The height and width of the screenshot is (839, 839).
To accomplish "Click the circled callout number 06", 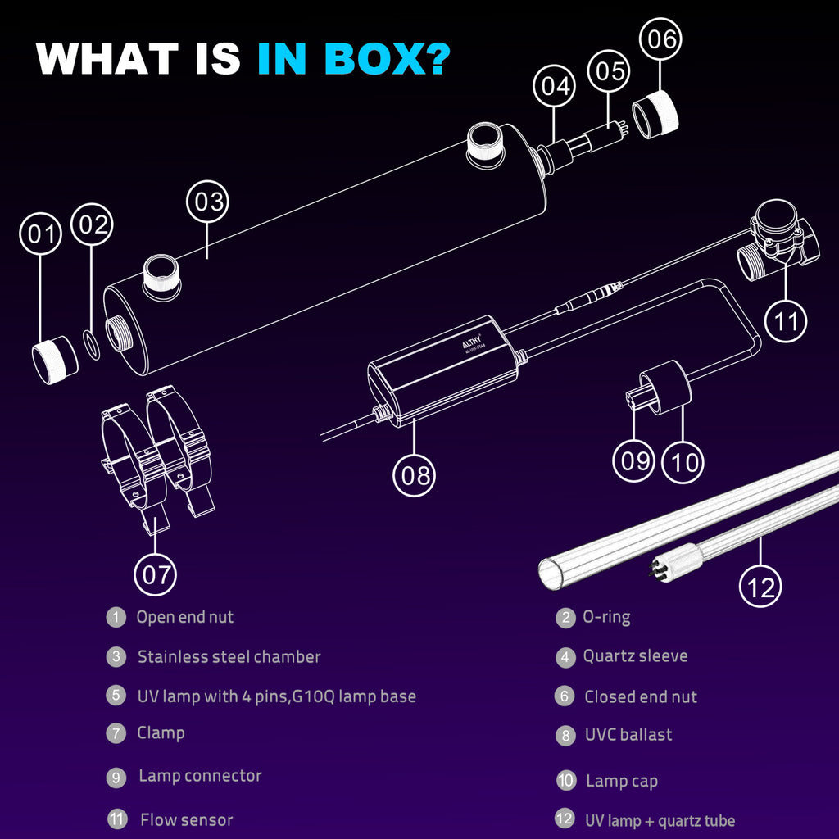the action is [660, 39].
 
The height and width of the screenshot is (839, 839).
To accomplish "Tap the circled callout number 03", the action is [207, 202].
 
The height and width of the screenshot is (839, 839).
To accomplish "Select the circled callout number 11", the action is [786, 321].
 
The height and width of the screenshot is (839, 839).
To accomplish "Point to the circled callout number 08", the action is [414, 475].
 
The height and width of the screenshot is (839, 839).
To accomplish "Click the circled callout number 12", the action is [760, 587].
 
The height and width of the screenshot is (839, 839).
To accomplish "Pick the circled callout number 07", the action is [155, 574].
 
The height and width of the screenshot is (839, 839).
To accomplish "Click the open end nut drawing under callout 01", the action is [55, 360].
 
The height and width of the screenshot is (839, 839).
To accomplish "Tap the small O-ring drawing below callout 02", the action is [92, 345].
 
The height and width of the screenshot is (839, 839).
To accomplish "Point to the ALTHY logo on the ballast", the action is [472, 342].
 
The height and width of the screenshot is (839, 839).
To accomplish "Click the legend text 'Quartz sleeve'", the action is [635, 656].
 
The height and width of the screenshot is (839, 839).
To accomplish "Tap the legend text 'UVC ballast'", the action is [628, 735].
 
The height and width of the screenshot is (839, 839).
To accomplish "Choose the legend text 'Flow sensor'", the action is [186, 819].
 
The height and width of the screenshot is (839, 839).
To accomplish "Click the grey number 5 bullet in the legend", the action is [116, 696].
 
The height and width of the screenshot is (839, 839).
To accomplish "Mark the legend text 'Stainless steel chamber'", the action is [229, 656].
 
